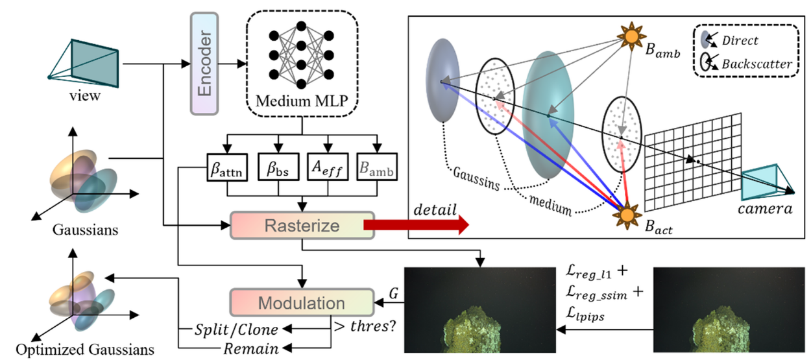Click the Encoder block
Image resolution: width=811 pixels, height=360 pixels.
click(x=204, y=64)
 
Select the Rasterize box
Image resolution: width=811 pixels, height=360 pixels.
click(x=302, y=226)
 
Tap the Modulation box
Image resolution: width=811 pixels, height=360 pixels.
click(x=302, y=302)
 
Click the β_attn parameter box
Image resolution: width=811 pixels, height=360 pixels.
click(x=227, y=167)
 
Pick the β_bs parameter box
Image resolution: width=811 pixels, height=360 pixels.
click(x=278, y=167)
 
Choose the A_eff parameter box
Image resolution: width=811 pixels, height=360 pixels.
click(x=328, y=167)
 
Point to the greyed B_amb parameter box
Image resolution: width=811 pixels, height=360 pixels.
click(x=377, y=167)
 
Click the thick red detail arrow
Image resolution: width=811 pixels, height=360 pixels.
click(x=417, y=224)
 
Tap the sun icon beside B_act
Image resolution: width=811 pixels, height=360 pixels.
click(x=627, y=215)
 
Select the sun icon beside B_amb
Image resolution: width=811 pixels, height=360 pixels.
click(x=631, y=36)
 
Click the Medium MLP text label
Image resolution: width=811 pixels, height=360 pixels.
click(x=302, y=101)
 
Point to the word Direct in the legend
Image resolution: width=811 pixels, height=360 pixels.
click(x=740, y=40)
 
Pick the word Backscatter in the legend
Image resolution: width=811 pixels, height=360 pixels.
click(x=757, y=64)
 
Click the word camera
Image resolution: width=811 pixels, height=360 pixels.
click(x=765, y=209)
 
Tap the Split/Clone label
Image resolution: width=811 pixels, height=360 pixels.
click(x=236, y=330)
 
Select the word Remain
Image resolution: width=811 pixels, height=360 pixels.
click(x=251, y=349)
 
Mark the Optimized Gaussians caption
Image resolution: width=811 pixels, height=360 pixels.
click(x=85, y=350)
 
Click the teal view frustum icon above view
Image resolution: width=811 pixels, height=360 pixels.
click(x=84, y=64)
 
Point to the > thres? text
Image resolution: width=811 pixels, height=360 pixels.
click(x=365, y=326)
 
